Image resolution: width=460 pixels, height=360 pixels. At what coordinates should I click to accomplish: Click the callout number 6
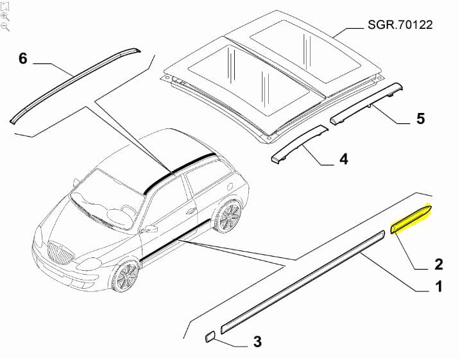coord(23,58)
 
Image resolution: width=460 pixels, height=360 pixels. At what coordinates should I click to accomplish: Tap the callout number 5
coord(420,119)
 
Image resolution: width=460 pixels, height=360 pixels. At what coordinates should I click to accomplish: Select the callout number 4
coord(344,159)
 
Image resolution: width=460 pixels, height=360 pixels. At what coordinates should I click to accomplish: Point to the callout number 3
coord(257,341)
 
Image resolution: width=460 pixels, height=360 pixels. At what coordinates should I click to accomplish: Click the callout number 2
coord(439,264)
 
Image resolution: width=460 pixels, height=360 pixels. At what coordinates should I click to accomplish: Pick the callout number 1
coord(439,286)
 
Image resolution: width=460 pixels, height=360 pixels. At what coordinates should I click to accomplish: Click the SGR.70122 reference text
coord(400,24)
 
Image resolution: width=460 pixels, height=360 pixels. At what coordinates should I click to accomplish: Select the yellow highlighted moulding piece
coord(411,219)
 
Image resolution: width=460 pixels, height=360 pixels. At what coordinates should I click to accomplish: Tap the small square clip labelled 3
coord(210,337)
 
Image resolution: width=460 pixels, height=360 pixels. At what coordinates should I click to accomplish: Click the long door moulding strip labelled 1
coord(302,282)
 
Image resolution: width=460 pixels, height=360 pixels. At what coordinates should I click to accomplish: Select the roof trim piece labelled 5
coord(366,103)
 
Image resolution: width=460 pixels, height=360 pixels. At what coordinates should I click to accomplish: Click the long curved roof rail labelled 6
coord(75,85)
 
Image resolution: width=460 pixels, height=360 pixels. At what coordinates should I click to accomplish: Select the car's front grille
coord(60,253)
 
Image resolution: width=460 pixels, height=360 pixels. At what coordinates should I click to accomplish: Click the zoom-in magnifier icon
coord(5,17)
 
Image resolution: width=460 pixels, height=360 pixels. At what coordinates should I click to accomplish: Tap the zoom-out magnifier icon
coord(5,27)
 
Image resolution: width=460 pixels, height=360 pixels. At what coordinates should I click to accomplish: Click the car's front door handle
coord(191,210)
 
